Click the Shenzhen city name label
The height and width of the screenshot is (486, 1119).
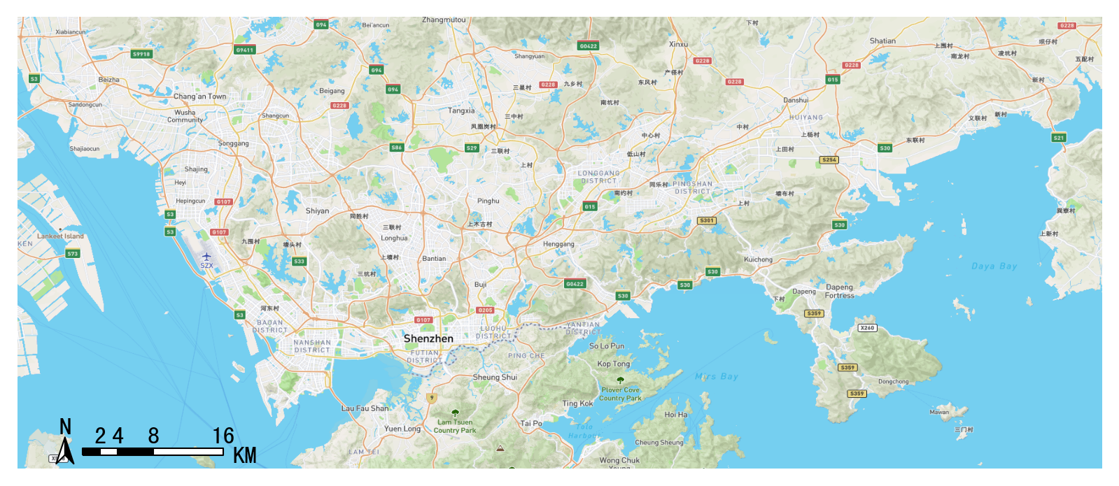[428, 338]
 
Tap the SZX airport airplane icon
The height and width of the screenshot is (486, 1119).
[206, 257]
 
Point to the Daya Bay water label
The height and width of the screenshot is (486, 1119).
[994, 266]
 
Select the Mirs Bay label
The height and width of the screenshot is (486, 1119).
[717, 376]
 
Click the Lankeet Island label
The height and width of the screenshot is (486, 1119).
[60, 236]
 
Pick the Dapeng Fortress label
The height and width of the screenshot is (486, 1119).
[839, 292]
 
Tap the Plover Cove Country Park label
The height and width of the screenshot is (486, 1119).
[621, 394]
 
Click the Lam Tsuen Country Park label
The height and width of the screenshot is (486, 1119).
[455, 427]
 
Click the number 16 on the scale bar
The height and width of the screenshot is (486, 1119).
[223, 436]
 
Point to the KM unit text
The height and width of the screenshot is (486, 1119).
[244, 456]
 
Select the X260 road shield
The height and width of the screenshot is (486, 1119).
[867, 328]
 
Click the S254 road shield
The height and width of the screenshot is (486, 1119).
[829, 160]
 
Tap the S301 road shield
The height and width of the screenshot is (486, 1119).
[707, 221]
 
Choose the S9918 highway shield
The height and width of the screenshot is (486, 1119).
[141, 54]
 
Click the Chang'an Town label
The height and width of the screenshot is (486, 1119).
[199, 97]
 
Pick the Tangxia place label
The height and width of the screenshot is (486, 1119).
[461, 110]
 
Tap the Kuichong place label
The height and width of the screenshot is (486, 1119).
[758, 259]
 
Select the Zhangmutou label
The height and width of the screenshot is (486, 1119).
[444, 20]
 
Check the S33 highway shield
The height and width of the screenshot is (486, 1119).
[299, 262]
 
